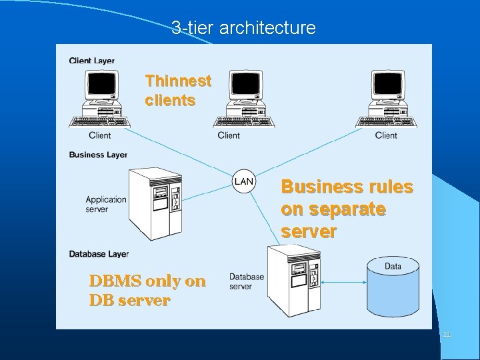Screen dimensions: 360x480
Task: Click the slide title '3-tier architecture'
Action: click(243, 28)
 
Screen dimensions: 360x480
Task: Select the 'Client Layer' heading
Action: click(91, 61)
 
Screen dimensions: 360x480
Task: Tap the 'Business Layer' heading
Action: click(98, 155)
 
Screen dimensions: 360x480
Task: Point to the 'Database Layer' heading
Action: click(99, 254)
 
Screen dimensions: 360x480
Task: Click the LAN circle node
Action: click(244, 181)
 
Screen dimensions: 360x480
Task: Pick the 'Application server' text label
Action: click(106, 204)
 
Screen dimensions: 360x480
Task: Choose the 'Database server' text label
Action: click(247, 281)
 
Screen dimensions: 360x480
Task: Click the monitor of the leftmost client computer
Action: click(101, 85)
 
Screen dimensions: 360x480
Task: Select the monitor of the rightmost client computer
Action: click(387, 85)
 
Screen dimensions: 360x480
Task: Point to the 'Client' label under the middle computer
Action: click(229, 135)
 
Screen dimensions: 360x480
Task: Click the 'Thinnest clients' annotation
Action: click(178, 91)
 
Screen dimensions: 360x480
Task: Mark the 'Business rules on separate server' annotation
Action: click(347, 209)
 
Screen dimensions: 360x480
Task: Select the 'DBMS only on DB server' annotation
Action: click(147, 291)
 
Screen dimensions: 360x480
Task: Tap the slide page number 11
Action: click(447, 335)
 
